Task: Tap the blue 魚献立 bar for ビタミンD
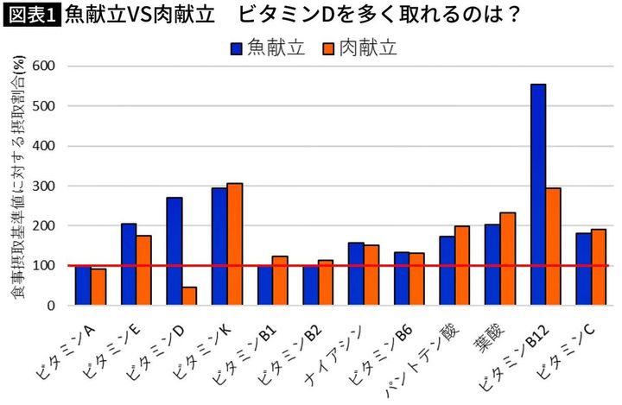(x=175, y=251)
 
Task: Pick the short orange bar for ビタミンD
(x=189, y=296)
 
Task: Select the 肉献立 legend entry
(x=359, y=48)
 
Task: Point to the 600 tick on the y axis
(x=43, y=66)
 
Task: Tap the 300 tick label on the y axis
(x=43, y=186)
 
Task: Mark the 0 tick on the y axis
(x=51, y=306)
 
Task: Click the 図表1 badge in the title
(x=32, y=15)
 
